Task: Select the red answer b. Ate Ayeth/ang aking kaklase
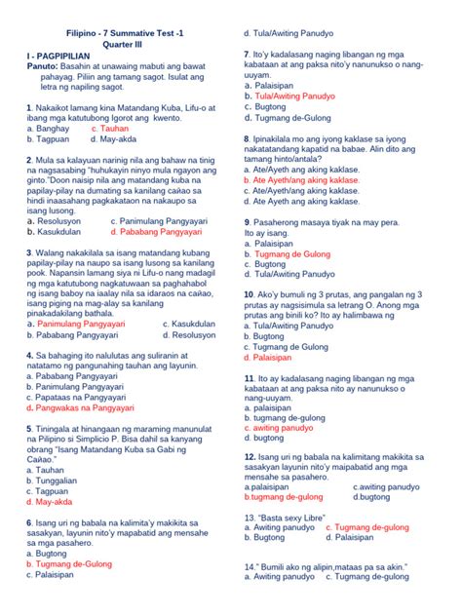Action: pos(303,180)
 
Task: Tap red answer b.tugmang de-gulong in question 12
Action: pos(292,496)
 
